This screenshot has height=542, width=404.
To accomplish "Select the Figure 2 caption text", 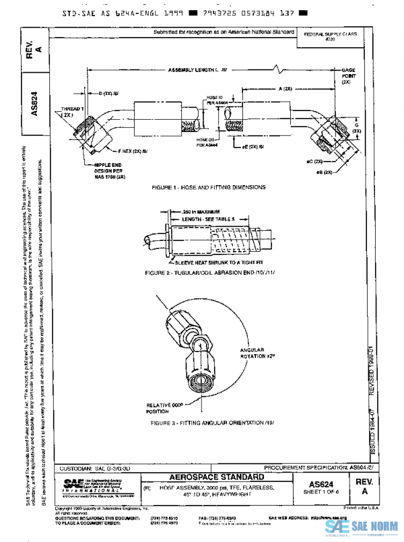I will (207, 274).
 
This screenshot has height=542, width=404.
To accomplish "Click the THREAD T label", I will (72, 111).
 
